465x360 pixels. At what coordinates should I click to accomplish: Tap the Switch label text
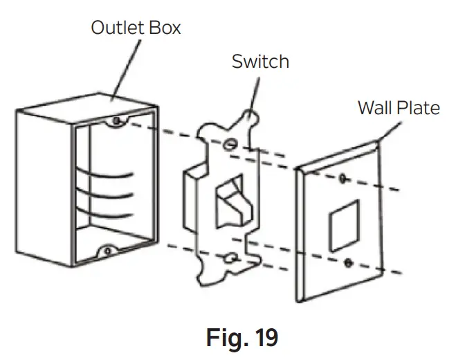260,62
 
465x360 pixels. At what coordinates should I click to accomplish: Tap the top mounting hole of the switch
228,144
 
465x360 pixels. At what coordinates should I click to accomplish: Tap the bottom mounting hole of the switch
228,258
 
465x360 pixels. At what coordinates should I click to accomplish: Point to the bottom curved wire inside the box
111,208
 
